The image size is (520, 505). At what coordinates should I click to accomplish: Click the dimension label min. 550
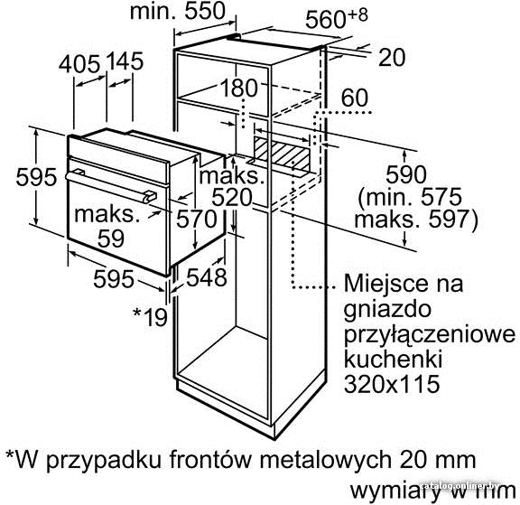coord(178,11)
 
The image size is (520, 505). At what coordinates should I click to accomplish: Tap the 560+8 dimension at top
coord(336,18)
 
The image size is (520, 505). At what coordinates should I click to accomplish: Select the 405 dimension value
coord(79,63)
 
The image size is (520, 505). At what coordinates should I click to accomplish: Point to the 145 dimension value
coord(125,61)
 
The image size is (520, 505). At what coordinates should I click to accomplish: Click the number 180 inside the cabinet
coord(238,88)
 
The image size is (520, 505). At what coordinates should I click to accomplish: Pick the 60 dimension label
coord(355,98)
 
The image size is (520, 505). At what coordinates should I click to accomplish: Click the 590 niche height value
coord(406,174)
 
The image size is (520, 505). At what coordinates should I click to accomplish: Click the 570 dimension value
coord(196,219)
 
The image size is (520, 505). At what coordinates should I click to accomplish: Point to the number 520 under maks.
coord(232,198)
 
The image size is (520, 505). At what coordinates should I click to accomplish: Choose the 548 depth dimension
coord(207,277)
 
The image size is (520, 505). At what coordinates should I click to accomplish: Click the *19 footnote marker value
coord(150,316)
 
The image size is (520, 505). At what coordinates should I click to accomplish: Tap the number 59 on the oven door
coord(111,238)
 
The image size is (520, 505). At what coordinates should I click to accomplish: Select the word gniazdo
coord(387,310)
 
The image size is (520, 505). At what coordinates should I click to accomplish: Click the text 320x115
coord(392,384)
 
